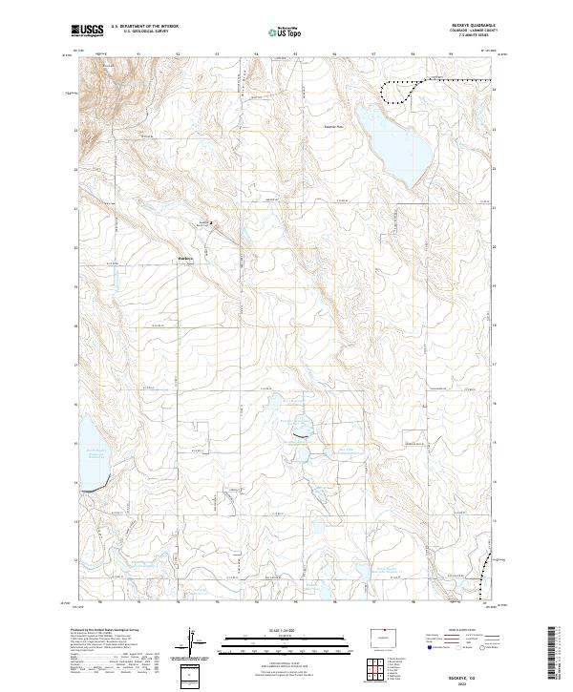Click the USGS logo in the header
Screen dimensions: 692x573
click(87, 31)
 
